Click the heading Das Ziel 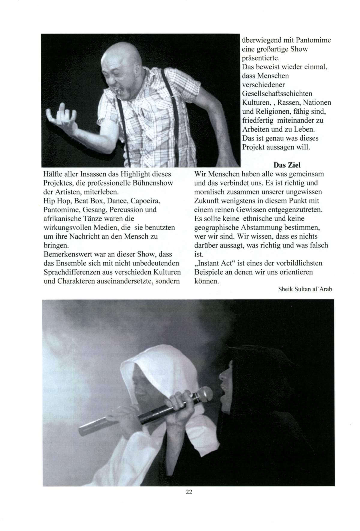point(287,165)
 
